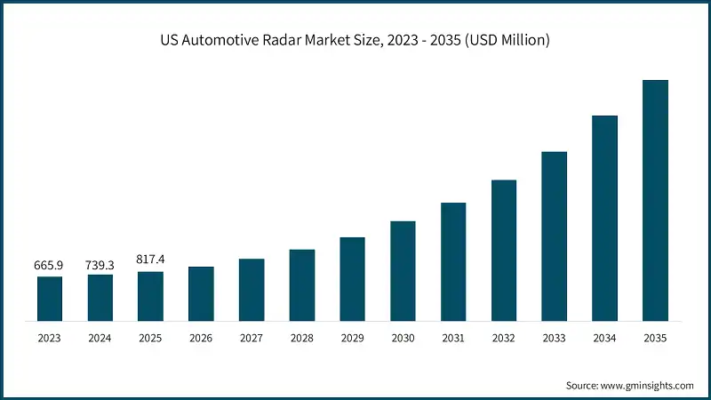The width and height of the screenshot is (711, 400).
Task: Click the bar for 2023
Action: pyautogui.click(x=50, y=299)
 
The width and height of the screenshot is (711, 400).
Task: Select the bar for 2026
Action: pyautogui.click(x=201, y=293)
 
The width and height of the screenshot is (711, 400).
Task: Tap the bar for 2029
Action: pyautogui.click(x=352, y=278)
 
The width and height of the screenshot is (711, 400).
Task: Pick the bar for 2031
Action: pyautogui.click(x=453, y=261)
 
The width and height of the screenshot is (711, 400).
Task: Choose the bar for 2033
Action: pyautogui.click(x=554, y=236)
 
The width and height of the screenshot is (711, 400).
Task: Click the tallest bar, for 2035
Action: pyautogui.click(x=655, y=200)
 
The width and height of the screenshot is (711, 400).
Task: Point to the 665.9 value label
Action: pyautogui.click(x=50, y=265)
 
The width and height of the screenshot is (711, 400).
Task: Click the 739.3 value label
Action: pyautogui.click(x=100, y=264)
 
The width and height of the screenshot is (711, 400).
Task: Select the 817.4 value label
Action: pyautogui.click(x=150, y=260)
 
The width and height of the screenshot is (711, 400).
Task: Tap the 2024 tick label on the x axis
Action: pyautogui.click(x=100, y=338)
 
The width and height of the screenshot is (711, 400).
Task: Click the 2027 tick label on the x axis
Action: pyautogui.click(x=252, y=338)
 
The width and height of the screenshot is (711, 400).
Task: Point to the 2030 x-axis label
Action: pyautogui.click(x=403, y=338)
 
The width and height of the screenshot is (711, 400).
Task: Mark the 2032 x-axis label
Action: pyautogui.click(x=504, y=338)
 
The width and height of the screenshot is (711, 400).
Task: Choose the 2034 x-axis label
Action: pyautogui.click(x=604, y=338)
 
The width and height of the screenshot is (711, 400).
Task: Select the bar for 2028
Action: pyautogui.click(x=302, y=284)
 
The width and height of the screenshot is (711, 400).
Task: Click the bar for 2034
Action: pyautogui.click(x=604, y=218)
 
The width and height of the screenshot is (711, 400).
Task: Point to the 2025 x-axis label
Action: pyautogui.click(x=150, y=338)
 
